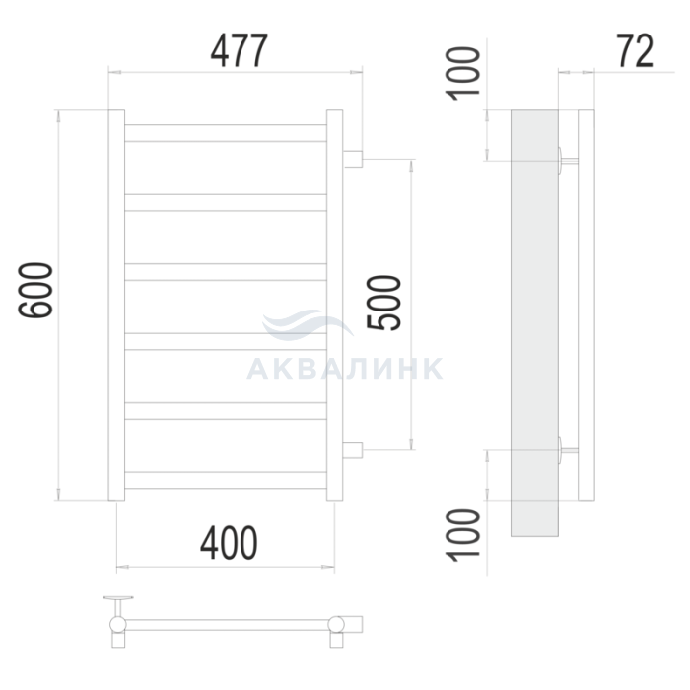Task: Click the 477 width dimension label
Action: point(239,50)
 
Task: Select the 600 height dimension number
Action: point(35,290)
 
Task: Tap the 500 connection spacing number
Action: point(383,303)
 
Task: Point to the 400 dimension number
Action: point(229,543)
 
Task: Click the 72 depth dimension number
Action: point(635,50)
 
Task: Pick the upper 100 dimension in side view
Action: point(462,74)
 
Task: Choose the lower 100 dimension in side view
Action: point(462,534)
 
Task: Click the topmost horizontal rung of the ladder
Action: point(226,133)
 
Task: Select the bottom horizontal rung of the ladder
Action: point(226,480)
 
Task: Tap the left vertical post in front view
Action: point(116,305)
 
